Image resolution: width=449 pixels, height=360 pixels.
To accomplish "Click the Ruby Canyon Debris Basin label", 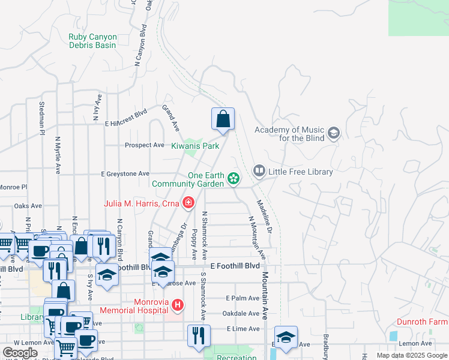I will pyautogui.click(x=92, y=41).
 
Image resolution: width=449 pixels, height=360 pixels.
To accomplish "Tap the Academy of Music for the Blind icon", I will pyautogui.click(x=334, y=133).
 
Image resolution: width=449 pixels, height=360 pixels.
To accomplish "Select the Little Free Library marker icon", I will pyautogui.click(x=259, y=172).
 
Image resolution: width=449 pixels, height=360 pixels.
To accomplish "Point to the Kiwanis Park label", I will pyautogui.click(x=195, y=146).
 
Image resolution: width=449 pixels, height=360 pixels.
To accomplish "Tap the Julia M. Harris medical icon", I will pyautogui.click(x=188, y=203).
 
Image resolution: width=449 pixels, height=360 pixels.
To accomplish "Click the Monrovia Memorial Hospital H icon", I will pyautogui.click(x=177, y=305).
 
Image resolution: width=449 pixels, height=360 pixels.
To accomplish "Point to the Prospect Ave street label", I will pyautogui.click(x=144, y=145).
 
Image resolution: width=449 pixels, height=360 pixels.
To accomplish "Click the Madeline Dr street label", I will pyautogui.click(x=265, y=217).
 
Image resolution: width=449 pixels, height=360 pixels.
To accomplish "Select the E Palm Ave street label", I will pyautogui.click(x=243, y=298).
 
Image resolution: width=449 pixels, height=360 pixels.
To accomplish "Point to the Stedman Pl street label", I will pyautogui.click(x=42, y=117).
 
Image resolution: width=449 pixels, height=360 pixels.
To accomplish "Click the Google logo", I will pyautogui.click(x=20, y=353).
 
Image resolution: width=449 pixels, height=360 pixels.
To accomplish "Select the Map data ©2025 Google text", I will pyautogui.click(x=411, y=355).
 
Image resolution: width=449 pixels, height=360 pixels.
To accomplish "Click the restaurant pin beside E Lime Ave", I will pyautogui.click(x=199, y=335).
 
